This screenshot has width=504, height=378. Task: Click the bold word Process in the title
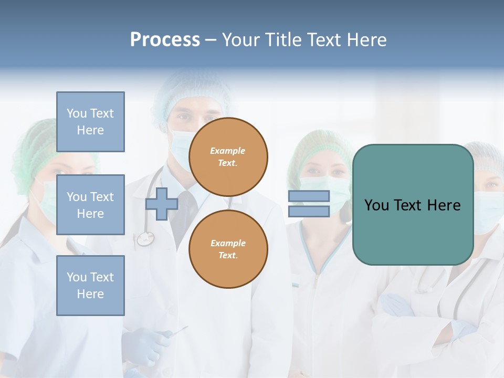pos(165,39)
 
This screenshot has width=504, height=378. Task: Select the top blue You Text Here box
pos(90,122)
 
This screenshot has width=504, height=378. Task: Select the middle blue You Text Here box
pos(90,205)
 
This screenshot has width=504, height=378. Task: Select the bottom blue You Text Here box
pos(90,286)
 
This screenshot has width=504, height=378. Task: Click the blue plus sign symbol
pos(162,204)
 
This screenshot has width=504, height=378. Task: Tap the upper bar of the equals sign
pos(309,196)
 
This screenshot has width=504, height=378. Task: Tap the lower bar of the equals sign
pos(309,212)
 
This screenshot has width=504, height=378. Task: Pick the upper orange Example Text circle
pos(228,157)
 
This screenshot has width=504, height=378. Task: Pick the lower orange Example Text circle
pos(228,249)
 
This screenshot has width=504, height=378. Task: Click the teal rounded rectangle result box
pos(413,231)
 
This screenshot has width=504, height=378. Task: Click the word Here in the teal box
pos(444,205)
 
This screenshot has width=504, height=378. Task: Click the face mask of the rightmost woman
pos(488,210)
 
